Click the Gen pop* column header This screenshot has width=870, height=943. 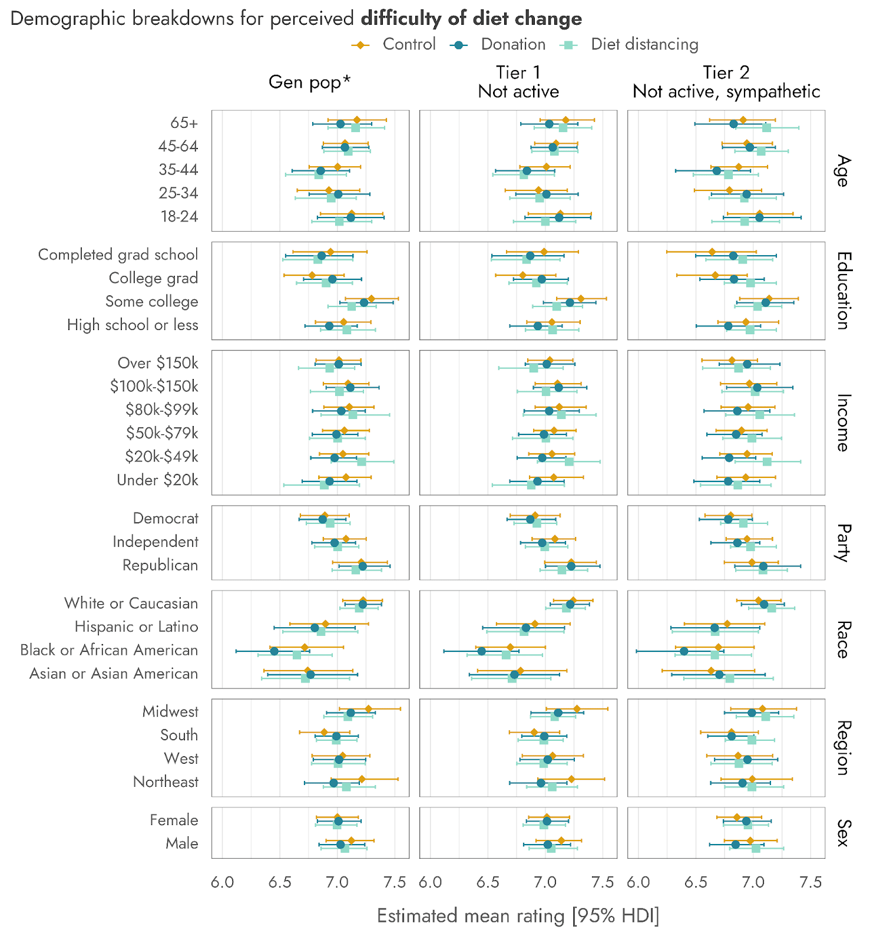[x=309, y=82]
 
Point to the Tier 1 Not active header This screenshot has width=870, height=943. [x=518, y=82]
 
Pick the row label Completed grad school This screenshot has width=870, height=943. [x=118, y=255]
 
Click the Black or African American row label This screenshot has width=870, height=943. [x=109, y=650]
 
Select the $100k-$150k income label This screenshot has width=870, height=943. [x=154, y=386]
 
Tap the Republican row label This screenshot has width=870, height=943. [x=160, y=565]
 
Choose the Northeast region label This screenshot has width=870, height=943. [x=166, y=782]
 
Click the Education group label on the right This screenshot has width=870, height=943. [x=843, y=291]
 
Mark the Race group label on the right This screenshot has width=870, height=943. [x=843, y=639]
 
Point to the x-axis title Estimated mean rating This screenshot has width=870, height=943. [x=518, y=916]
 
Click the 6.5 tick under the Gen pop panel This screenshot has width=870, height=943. [x=280, y=882]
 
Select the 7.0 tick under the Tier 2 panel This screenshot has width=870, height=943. [x=753, y=882]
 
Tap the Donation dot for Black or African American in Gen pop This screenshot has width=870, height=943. [x=274, y=651]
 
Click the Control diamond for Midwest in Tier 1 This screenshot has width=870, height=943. [x=577, y=708]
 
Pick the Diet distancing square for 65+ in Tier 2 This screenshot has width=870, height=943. [x=766, y=128]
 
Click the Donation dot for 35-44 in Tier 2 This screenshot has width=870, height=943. [x=716, y=171]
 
